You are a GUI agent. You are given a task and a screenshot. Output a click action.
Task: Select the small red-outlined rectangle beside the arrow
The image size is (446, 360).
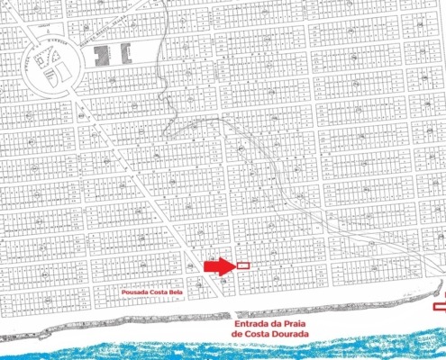[x=243, y=266]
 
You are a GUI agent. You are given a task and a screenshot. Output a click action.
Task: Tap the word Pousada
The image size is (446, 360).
[x=134, y=293]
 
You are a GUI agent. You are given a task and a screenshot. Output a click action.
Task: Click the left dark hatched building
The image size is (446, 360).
[x=101, y=53]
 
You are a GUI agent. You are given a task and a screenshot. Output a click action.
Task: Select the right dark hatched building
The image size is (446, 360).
[x=125, y=53]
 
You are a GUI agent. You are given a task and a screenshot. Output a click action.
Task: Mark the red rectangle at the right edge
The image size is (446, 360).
[x=440, y=307]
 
